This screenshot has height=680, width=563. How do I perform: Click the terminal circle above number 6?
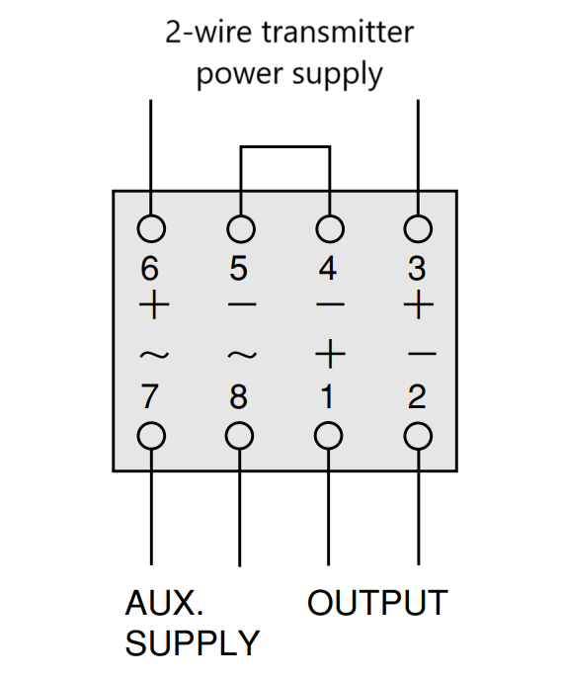(x=151, y=228)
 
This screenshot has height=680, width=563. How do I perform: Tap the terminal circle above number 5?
(x=241, y=228)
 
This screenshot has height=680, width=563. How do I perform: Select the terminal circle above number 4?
(x=330, y=228)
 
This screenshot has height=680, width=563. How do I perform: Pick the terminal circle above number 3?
(x=418, y=228)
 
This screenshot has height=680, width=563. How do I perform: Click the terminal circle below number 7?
(x=151, y=436)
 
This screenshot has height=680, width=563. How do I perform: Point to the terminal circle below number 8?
(x=239, y=436)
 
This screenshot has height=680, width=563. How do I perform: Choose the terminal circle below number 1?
(x=329, y=436)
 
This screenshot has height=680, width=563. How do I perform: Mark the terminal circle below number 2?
(x=418, y=436)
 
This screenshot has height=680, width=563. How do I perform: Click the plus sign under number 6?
(x=154, y=304)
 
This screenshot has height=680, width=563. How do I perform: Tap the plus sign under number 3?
(x=418, y=304)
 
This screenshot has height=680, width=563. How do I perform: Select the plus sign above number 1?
(x=330, y=354)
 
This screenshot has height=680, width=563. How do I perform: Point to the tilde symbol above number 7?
(x=154, y=355)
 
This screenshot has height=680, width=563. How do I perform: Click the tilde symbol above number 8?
(x=242, y=355)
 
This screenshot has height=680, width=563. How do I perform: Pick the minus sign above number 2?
(x=422, y=354)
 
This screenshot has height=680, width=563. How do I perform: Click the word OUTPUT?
(x=377, y=603)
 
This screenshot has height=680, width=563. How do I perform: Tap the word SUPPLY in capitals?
(x=192, y=643)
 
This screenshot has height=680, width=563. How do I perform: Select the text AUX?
(x=164, y=603)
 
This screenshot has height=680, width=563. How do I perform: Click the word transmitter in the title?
(x=338, y=33)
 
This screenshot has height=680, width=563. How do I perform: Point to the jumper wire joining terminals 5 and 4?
(x=285, y=147)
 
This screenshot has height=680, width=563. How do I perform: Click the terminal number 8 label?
(x=238, y=396)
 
